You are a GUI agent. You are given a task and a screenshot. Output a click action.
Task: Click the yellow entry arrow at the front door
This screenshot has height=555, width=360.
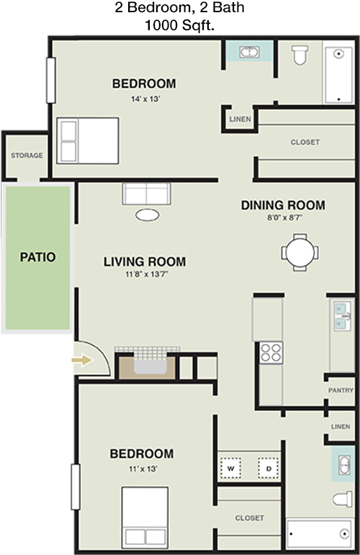click(83, 361)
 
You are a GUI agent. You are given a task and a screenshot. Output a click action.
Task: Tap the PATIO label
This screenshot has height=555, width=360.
click(37, 256)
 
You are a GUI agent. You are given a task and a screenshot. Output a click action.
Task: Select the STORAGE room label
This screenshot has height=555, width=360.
click(27, 155)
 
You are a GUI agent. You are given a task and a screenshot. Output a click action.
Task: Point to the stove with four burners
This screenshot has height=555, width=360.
click(271, 352)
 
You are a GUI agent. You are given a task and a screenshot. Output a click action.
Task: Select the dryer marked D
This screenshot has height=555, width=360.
click(268, 469)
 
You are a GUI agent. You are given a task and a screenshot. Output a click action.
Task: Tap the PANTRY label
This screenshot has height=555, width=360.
click(340, 390)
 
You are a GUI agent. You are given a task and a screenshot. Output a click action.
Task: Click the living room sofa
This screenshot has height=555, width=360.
click(146, 194)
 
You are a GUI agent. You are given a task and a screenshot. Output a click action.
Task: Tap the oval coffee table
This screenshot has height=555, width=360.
click(148, 215)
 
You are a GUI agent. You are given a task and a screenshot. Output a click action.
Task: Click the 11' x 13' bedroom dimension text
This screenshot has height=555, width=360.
click(141, 469)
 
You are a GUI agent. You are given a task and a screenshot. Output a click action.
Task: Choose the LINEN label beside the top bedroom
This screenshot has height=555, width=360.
click(239, 119)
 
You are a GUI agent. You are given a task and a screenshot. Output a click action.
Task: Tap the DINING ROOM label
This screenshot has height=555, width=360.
click(282, 205)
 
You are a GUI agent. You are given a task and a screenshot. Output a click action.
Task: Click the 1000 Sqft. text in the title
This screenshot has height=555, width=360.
click(180, 25)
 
